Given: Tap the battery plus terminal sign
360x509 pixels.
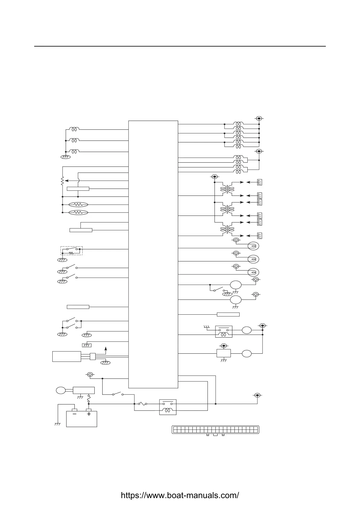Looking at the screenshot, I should tap(89, 414).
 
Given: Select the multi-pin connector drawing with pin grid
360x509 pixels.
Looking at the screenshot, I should tap(215, 430).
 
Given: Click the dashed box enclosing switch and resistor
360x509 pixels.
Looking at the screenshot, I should tap(71, 251).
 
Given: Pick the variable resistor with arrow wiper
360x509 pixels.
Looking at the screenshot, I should tap(62, 181).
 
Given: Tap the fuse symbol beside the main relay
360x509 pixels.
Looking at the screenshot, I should tap(142, 404).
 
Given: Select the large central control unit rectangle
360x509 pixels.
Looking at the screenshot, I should tap(153, 254).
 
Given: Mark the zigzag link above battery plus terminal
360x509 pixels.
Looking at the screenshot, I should tap(89, 400).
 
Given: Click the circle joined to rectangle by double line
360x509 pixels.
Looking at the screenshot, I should tap(61, 390).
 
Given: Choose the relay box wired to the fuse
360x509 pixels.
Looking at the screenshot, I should tap(168, 407).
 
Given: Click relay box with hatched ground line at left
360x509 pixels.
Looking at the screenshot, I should tap(224, 331).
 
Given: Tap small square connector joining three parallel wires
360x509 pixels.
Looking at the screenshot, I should tap(93, 357).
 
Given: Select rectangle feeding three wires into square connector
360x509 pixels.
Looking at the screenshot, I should tap(67, 356).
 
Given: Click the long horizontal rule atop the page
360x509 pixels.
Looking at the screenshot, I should tap(180, 46).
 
